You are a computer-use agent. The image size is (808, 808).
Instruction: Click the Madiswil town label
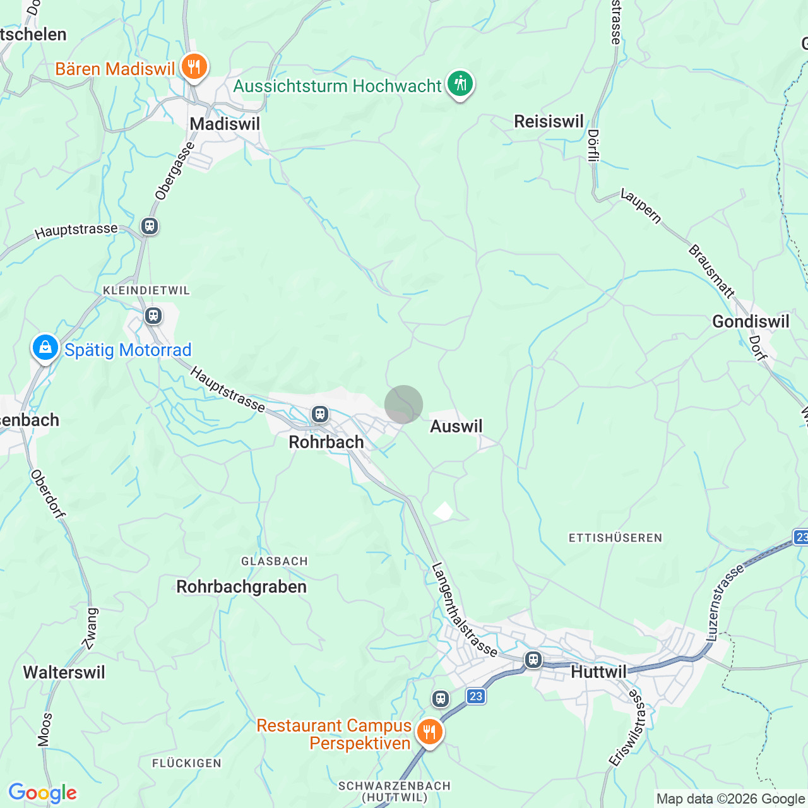225,124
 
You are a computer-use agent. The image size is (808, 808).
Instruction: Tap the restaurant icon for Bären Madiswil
194,66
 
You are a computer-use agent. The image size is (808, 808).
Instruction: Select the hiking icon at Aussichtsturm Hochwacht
460,83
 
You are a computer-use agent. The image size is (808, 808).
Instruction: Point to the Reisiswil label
549,121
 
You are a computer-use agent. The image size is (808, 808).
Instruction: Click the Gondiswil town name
751,321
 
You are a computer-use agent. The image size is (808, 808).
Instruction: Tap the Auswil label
456,426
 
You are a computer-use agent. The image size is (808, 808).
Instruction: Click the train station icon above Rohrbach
320,414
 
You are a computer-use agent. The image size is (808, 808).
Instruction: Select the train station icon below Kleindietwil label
153,315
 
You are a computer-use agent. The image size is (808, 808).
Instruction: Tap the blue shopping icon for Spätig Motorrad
45,347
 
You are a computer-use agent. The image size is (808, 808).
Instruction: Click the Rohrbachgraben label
241,586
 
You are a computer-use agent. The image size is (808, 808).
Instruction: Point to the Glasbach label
274,561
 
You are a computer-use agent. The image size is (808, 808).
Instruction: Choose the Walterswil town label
64,672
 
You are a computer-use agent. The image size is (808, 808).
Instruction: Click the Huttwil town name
598,672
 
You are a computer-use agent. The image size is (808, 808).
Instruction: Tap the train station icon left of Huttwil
533,660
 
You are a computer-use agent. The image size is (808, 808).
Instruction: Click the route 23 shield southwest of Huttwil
476,696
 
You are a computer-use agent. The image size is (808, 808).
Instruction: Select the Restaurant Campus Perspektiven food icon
429,732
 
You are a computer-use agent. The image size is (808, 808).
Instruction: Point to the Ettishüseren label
615,538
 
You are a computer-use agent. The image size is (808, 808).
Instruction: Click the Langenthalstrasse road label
464,610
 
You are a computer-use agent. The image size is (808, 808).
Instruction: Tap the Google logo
42,793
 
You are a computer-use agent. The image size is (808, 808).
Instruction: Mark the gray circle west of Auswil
403,404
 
